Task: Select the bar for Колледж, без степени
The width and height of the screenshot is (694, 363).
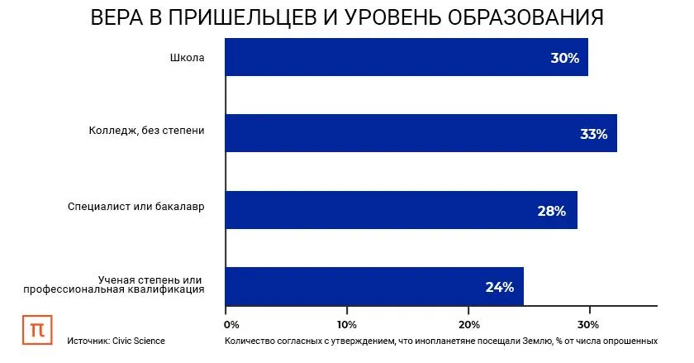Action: coord(421,133)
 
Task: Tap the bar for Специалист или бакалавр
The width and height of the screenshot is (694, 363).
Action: coord(401,210)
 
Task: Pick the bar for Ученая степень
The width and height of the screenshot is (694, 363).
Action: coord(374,286)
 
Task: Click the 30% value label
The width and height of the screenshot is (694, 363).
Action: coord(565,59)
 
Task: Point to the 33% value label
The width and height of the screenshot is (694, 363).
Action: coord(593,134)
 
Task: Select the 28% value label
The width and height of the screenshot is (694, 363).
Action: coord(551,211)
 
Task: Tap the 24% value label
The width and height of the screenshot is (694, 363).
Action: coord(499,288)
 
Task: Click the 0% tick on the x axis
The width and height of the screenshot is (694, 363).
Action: coord(231,322)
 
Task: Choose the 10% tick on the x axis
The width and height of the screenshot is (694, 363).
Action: coord(346,322)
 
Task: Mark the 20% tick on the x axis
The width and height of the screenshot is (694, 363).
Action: coord(468,322)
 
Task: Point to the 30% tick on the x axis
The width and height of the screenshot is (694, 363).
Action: coord(588,322)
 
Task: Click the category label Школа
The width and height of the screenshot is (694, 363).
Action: coord(186,58)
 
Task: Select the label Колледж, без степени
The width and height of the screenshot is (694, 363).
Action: coord(146,131)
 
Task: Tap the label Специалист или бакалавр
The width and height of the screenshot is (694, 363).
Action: coord(135,206)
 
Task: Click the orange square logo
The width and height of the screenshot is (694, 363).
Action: coord(36,328)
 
